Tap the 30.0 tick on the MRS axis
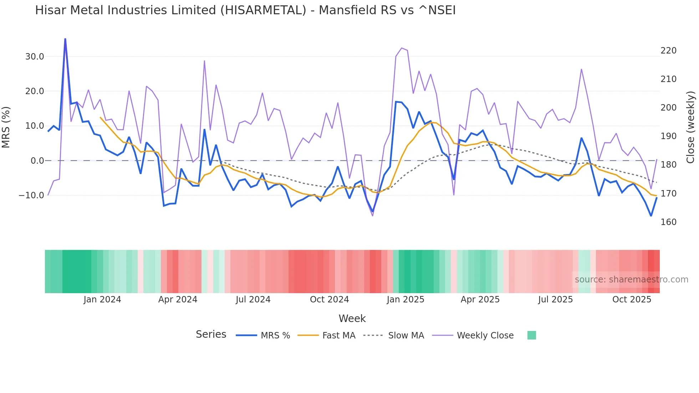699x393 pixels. [35, 56]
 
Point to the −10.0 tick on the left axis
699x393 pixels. [31, 195]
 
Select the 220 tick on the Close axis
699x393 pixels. [668, 51]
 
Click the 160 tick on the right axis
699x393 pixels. [668, 222]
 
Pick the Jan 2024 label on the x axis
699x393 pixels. [102, 300]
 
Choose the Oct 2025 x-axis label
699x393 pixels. [632, 300]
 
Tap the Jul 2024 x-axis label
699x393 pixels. [253, 300]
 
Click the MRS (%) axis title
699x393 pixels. [6, 127]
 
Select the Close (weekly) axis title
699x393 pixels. [690, 127]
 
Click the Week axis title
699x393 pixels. [352, 318]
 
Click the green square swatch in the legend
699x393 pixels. [531, 335]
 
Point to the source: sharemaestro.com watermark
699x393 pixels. [631, 280]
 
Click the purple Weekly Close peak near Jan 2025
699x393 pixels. [402, 48]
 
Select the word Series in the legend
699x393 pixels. [211, 335]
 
